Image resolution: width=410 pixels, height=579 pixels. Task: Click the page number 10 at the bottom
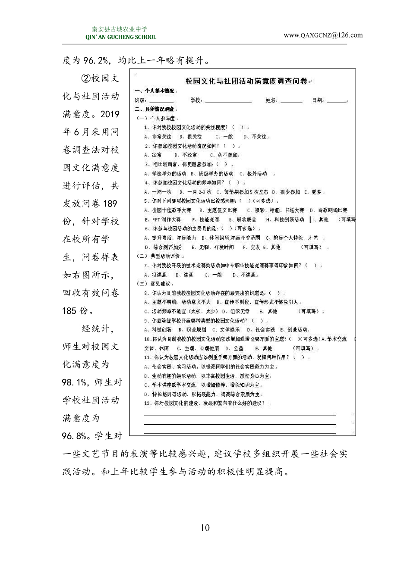click(x=205, y=528)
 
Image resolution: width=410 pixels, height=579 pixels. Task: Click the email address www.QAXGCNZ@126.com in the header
click(x=323, y=35)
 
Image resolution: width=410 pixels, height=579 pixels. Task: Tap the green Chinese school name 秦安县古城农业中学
click(x=120, y=29)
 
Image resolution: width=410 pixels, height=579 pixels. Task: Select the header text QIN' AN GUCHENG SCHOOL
click(x=121, y=37)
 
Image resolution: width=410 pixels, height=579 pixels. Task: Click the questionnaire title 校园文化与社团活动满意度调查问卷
click(x=246, y=81)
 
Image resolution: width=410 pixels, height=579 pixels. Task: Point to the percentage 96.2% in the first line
click(x=96, y=60)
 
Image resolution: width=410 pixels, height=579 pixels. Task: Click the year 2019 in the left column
click(x=110, y=114)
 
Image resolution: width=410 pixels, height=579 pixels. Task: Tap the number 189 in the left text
click(x=110, y=203)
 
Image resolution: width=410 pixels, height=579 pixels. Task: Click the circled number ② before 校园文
click(x=86, y=78)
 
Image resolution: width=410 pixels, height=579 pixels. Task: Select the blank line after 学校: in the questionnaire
click(x=228, y=101)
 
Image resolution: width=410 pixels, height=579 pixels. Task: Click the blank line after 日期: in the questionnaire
click(x=337, y=101)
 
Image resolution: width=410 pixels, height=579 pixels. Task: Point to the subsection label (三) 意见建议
click(x=154, y=284)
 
